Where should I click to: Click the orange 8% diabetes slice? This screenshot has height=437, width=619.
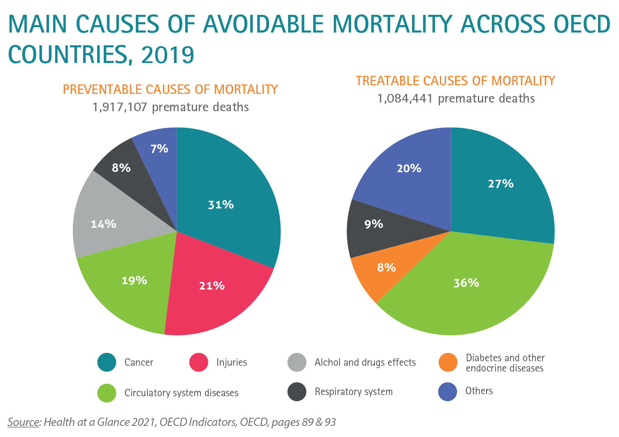click(381, 272)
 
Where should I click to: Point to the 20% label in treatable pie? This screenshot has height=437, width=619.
click(409, 168)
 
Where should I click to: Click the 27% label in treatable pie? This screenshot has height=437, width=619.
click(500, 184)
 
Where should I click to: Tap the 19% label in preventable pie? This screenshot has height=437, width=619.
click(134, 280)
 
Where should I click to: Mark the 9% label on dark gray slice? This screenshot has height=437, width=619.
click(374, 224)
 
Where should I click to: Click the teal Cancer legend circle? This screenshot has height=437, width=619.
click(107, 362)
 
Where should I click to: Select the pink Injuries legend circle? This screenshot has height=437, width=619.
click(199, 362)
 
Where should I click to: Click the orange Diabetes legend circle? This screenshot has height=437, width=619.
click(448, 362)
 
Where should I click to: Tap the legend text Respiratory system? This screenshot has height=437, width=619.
click(354, 392)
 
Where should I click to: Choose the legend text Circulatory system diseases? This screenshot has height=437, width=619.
click(182, 393)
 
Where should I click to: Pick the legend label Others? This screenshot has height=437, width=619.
click(479, 391)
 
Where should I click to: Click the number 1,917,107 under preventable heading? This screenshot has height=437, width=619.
click(119, 107)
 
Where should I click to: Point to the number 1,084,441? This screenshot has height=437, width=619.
click(405, 99)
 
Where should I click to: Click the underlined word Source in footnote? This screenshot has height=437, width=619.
click(23, 422)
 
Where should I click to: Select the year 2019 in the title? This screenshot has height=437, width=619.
click(168, 55)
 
